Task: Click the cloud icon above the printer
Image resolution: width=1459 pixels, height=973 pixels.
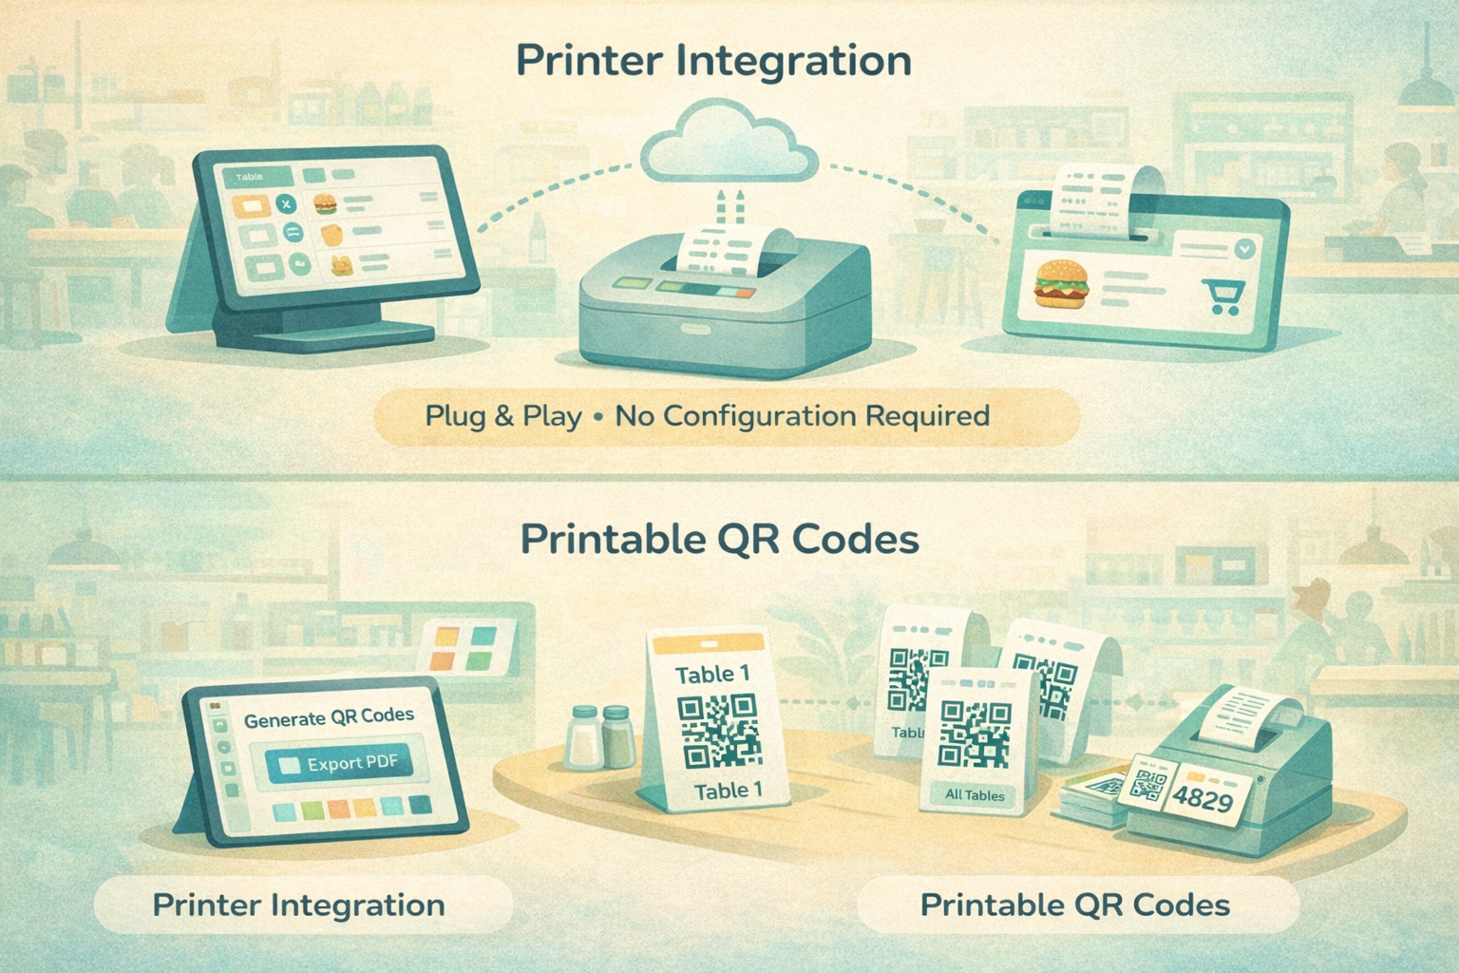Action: [x=729, y=150]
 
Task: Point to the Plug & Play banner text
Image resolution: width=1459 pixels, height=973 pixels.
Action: [x=707, y=416]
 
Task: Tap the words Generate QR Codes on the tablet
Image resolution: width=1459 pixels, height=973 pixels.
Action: [x=329, y=717]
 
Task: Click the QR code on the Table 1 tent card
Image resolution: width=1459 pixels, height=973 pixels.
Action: [x=718, y=730]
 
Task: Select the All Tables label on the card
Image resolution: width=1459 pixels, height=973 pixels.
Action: [x=975, y=795]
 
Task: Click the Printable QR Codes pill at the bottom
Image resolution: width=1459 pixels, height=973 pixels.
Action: [x=1075, y=905]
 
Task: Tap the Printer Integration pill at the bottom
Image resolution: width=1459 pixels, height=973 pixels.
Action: [x=298, y=905]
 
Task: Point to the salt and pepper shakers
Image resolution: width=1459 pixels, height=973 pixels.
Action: [x=600, y=735]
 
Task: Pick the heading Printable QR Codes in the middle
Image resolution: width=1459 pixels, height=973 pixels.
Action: [x=719, y=540]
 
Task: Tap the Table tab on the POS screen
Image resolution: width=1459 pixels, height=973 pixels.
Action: [x=249, y=177]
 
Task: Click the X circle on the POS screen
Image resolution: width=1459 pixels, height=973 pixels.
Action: [x=284, y=204]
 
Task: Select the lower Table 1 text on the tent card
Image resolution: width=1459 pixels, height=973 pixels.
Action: [x=728, y=791]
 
